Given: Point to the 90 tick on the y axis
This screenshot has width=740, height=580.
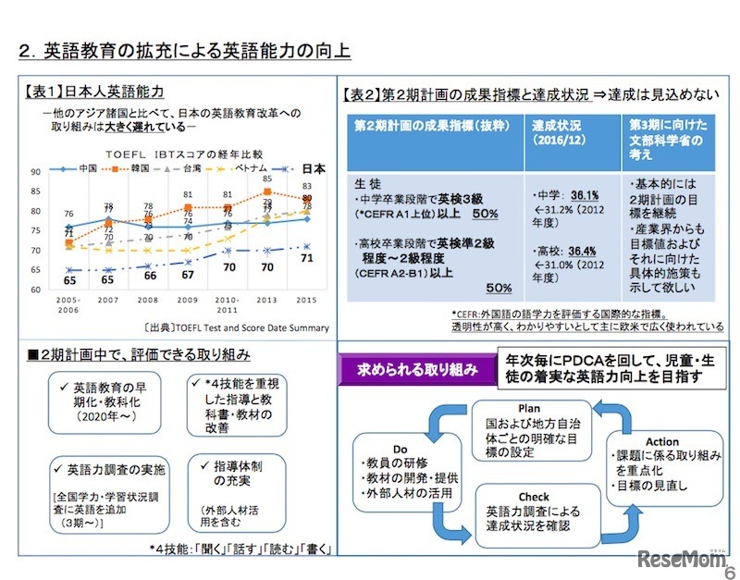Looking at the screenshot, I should pyautogui.click(x=34, y=172).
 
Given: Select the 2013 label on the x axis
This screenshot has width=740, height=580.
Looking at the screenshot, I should pyautogui.click(x=266, y=301).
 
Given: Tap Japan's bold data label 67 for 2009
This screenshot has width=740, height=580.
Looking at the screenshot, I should pyautogui.click(x=187, y=274).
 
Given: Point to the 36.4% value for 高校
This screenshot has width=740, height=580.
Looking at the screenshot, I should pyautogui.click(x=582, y=250).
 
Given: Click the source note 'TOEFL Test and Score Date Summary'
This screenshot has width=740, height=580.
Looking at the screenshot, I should pyautogui.click(x=236, y=327).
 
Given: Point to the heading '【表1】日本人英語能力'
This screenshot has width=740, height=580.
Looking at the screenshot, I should pyautogui.click(x=93, y=91).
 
